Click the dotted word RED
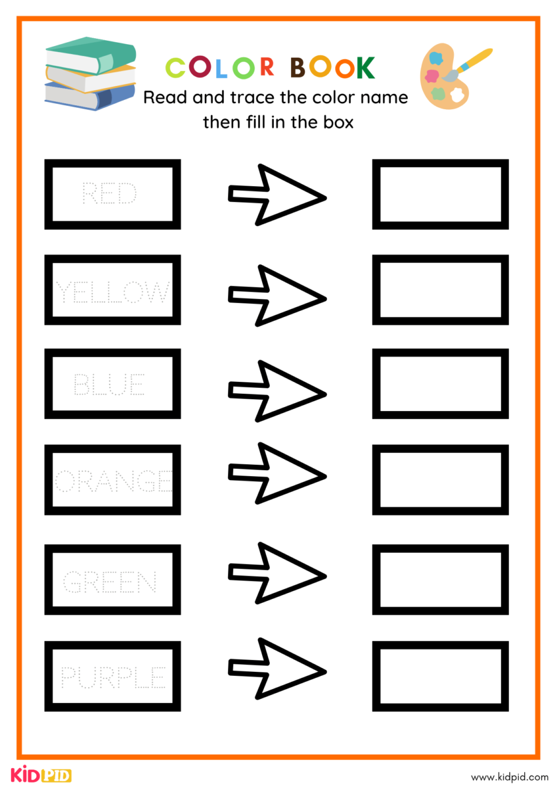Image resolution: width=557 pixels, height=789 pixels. click(110, 194)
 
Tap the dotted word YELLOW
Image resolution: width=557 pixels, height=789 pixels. click(112, 291)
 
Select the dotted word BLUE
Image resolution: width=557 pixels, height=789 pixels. click(110, 384)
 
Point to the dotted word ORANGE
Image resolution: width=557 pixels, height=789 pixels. click(113, 482)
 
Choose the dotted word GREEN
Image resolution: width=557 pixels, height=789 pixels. click(110, 582)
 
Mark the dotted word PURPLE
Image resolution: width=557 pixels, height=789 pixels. click(113, 677)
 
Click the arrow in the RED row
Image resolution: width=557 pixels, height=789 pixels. click(277, 195)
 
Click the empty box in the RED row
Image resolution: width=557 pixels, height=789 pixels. click(440, 194)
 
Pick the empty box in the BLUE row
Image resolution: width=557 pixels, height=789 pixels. click(440, 383)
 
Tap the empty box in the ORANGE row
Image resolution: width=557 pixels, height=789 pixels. click(440, 480)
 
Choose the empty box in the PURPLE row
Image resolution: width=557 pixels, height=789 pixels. click(440, 676)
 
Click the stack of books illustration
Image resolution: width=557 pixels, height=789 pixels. click(90, 72)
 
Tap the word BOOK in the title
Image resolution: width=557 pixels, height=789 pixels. click(332, 67)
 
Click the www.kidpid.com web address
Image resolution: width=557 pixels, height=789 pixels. click(509, 777)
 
